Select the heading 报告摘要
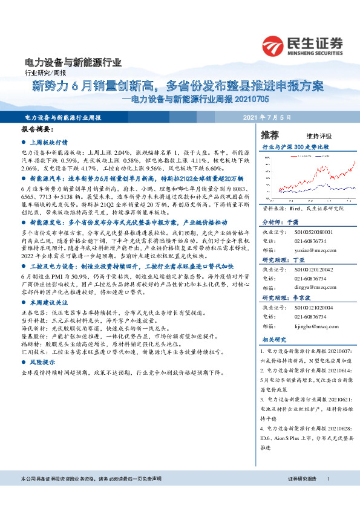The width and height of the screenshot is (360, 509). click(x=38, y=129)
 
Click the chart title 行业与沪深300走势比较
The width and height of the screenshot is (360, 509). click(x=295, y=147)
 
